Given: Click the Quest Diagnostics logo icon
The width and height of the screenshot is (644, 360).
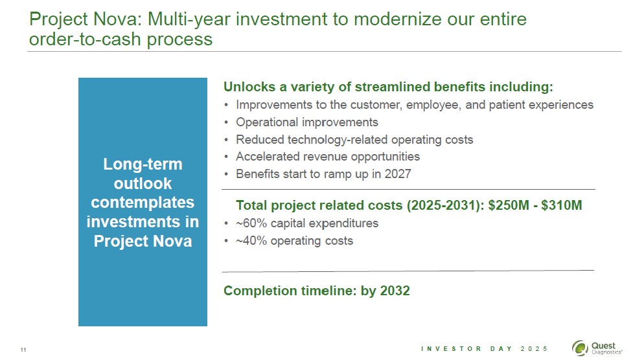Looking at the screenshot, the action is pyautogui.click(x=581, y=348).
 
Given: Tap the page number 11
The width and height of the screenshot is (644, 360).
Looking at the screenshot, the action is pyautogui.click(x=23, y=350).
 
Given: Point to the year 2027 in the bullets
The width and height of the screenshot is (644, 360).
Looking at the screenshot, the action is pyautogui.click(x=398, y=174).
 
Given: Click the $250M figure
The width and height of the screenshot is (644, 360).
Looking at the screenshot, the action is pyautogui.click(x=509, y=205).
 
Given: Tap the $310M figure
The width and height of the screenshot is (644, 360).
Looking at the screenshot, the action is pyautogui.click(x=562, y=205).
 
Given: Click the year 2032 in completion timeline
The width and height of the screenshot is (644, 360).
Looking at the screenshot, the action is pyautogui.click(x=395, y=291).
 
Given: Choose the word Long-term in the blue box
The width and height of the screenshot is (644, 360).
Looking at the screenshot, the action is pyautogui.click(x=143, y=164).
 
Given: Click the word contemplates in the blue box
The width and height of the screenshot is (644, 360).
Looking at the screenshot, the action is pyautogui.click(x=143, y=203).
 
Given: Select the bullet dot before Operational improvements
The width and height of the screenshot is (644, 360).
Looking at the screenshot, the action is pyautogui.click(x=226, y=123).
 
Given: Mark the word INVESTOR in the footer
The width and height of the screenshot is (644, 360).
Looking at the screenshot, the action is pyautogui.click(x=451, y=349).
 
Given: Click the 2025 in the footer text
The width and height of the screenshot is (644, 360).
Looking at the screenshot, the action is pyautogui.click(x=534, y=349).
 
